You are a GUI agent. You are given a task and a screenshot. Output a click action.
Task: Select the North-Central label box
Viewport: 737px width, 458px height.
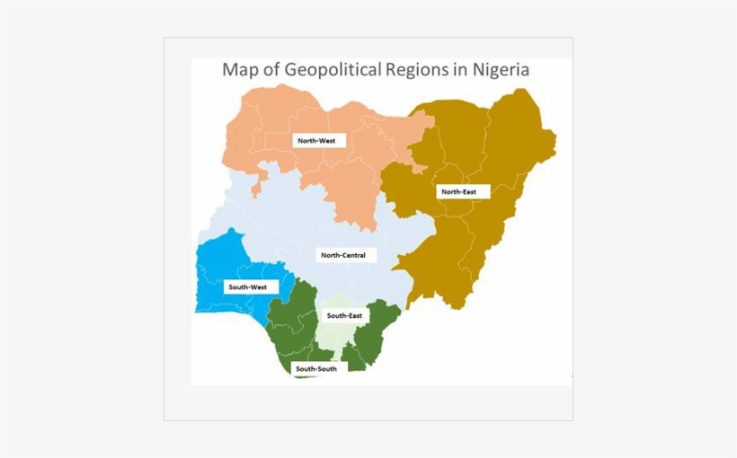[343, 255]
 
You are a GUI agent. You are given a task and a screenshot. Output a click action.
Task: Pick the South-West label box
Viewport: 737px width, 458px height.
[248, 287]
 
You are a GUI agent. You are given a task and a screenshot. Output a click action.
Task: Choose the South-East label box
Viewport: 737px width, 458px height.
[344, 316]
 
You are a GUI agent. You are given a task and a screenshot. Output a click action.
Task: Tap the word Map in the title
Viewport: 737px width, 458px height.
[239, 70]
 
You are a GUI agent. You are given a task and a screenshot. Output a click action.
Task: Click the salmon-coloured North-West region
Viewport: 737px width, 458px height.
[270, 126]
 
